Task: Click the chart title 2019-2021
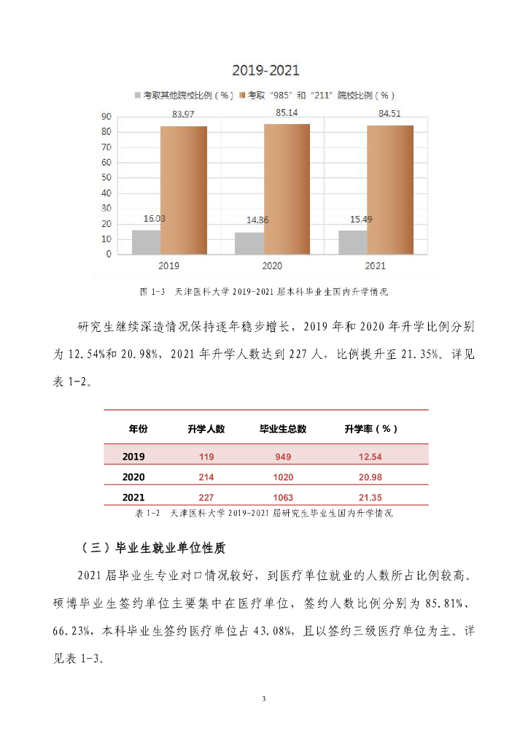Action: click(x=265, y=71)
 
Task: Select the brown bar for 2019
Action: click(x=183, y=190)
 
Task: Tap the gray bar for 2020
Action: click(x=249, y=243)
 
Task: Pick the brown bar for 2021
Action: click(x=389, y=190)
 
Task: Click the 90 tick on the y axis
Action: click(x=106, y=117)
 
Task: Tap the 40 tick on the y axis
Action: click(x=106, y=193)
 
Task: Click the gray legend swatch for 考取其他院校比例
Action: click(x=137, y=95)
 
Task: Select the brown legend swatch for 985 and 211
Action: click(x=242, y=95)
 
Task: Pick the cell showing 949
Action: click(x=283, y=457)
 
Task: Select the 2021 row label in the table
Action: click(x=133, y=497)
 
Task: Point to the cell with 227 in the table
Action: click(x=206, y=497)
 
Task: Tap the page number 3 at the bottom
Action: click(x=264, y=700)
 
